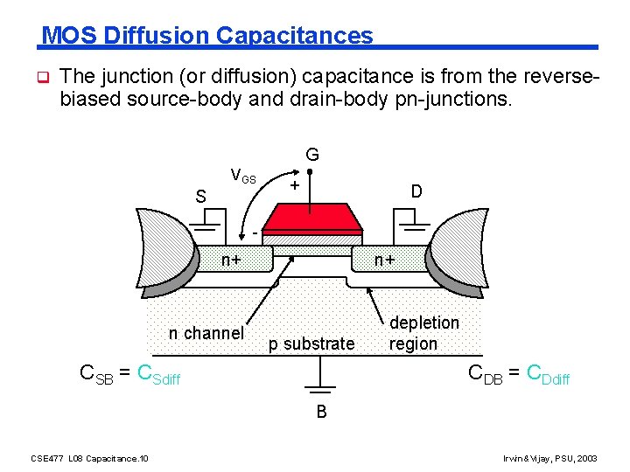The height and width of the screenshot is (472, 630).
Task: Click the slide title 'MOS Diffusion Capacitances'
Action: point(207,35)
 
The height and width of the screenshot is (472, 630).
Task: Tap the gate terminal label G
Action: point(312,156)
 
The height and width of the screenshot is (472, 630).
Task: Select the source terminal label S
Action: point(200,197)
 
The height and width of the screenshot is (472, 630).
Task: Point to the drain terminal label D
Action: point(416,190)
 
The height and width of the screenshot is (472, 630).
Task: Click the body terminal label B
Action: point(321,412)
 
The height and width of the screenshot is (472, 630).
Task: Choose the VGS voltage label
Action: point(242,176)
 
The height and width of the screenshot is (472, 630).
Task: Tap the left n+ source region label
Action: point(232,260)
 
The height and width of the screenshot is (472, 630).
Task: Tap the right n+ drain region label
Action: point(385,260)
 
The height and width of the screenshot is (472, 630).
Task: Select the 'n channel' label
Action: point(206,332)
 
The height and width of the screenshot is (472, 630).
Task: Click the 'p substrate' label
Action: point(311,344)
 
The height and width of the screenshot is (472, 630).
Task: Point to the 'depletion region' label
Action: point(423,333)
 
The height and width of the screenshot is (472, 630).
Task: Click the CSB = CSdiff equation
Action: point(129,374)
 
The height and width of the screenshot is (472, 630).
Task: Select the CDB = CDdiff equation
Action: point(519,374)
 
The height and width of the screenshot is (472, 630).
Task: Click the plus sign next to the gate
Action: point(296,185)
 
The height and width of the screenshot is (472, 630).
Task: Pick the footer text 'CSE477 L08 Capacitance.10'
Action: point(89,457)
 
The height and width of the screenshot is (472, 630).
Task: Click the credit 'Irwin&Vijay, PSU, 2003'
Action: point(549,457)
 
